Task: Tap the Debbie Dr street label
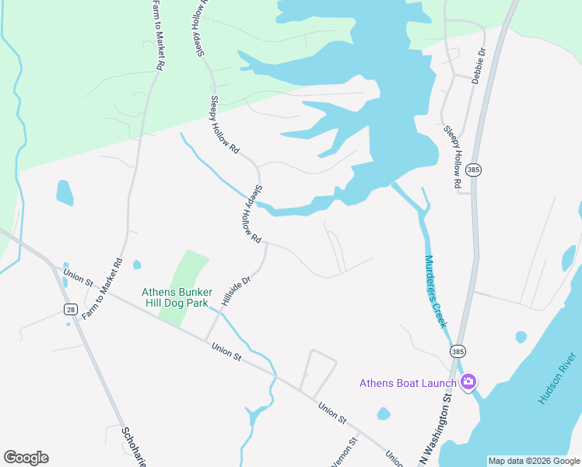coord(478,66)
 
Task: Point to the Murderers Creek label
coord(435,292)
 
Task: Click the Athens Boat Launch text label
coord(408,382)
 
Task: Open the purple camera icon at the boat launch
coord(468,381)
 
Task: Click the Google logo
coord(26,458)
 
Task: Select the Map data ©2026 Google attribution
coord(533,461)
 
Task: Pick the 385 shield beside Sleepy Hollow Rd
coord(472,170)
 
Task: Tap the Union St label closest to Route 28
coord(78,277)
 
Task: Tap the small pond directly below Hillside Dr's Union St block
coord(382,413)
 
